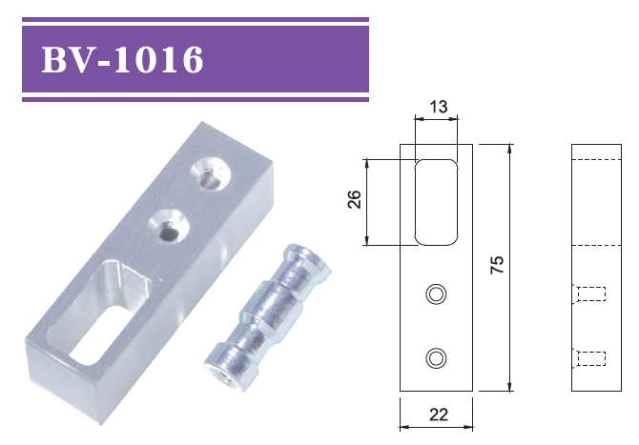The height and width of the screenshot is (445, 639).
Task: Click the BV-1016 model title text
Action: (x=122, y=59)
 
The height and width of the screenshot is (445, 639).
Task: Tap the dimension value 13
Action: (x=439, y=107)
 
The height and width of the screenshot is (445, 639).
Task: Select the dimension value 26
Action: (x=355, y=199)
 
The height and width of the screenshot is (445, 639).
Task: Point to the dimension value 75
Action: (x=497, y=265)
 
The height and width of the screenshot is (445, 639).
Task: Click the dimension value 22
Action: (x=439, y=415)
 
